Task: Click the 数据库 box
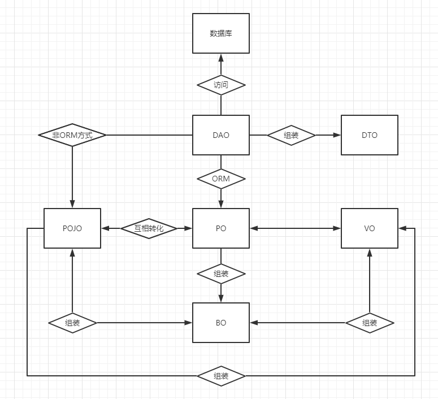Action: pos(221,33)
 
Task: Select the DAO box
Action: pos(221,135)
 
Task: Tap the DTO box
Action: pos(370,135)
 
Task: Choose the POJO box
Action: pos(72,228)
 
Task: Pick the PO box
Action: pos(221,228)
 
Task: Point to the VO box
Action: pos(370,228)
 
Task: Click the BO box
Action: pos(221,323)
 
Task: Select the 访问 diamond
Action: pos(221,85)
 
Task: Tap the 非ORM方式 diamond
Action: pos(72,135)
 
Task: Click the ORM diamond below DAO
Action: pos(221,179)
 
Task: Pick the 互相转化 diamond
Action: pos(149,228)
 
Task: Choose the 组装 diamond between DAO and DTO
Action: pos(291,135)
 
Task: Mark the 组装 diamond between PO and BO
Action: pos(221,274)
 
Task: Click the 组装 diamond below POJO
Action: pos(72,323)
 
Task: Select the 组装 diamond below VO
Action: pos(370,323)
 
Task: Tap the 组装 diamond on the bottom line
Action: pos(221,375)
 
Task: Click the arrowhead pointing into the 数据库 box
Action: pos(221,57)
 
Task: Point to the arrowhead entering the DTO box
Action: pos(337,135)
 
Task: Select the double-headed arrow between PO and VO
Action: pos(295,228)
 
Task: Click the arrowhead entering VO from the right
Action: pos(402,228)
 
